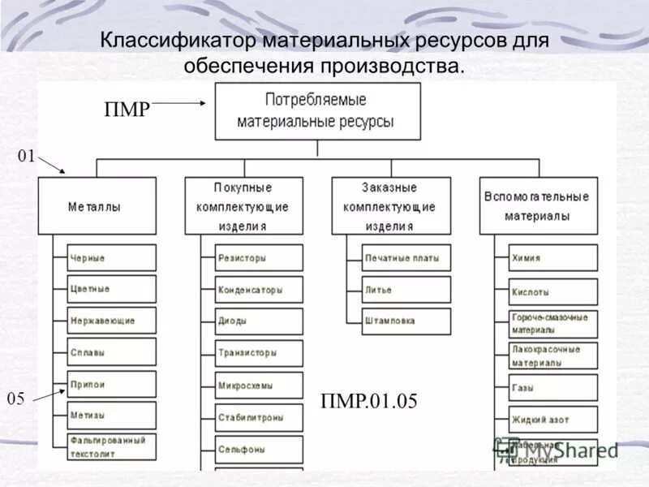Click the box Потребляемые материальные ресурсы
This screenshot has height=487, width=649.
(x=317, y=111)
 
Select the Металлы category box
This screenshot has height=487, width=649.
(x=97, y=206)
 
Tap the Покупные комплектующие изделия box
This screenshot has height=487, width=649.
(x=243, y=206)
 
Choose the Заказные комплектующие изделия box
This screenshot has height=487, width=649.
(x=390, y=206)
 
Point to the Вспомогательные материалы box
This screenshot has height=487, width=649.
(x=538, y=206)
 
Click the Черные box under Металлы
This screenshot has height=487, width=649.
(x=112, y=258)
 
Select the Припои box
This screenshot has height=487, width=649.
(x=112, y=384)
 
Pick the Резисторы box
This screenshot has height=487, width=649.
(x=259, y=258)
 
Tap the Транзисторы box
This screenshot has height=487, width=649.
(x=259, y=353)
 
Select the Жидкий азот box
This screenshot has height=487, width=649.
(x=553, y=419)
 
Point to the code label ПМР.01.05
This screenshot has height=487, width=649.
(x=369, y=401)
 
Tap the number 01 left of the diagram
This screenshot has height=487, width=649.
(x=26, y=157)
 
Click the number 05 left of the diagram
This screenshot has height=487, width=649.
(x=16, y=399)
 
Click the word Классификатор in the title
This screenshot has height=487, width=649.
(x=175, y=41)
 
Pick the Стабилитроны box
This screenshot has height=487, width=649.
(x=259, y=418)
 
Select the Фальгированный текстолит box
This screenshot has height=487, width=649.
(x=112, y=445)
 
